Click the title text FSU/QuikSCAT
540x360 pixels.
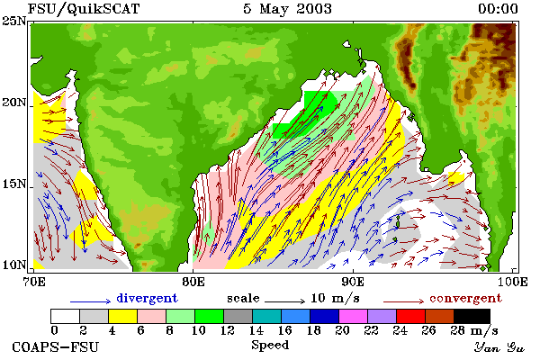(x=84, y=9)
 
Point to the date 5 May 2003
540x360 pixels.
(x=288, y=9)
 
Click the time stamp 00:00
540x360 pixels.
(x=498, y=9)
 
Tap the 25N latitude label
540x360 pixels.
(x=14, y=22)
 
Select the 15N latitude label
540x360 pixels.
(x=14, y=184)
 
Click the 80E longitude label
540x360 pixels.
(x=193, y=282)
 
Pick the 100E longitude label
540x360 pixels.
(x=513, y=282)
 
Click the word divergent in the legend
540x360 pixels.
(x=147, y=298)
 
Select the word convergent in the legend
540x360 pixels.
(x=465, y=298)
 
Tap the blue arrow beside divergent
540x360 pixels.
(x=91, y=301)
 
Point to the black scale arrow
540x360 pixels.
(x=284, y=301)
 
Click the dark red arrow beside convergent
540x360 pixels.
(x=403, y=301)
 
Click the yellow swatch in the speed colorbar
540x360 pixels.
(x=122, y=316)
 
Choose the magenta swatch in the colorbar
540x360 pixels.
(x=354, y=316)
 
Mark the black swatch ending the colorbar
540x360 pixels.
(x=472, y=316)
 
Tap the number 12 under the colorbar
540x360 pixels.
(x=228, y=330)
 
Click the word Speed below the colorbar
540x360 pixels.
(x=270, y=346)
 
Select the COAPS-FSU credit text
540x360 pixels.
(x=56, y=346)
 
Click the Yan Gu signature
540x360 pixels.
(x=499, y=347)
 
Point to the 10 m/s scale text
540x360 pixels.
(x=335, y=298)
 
